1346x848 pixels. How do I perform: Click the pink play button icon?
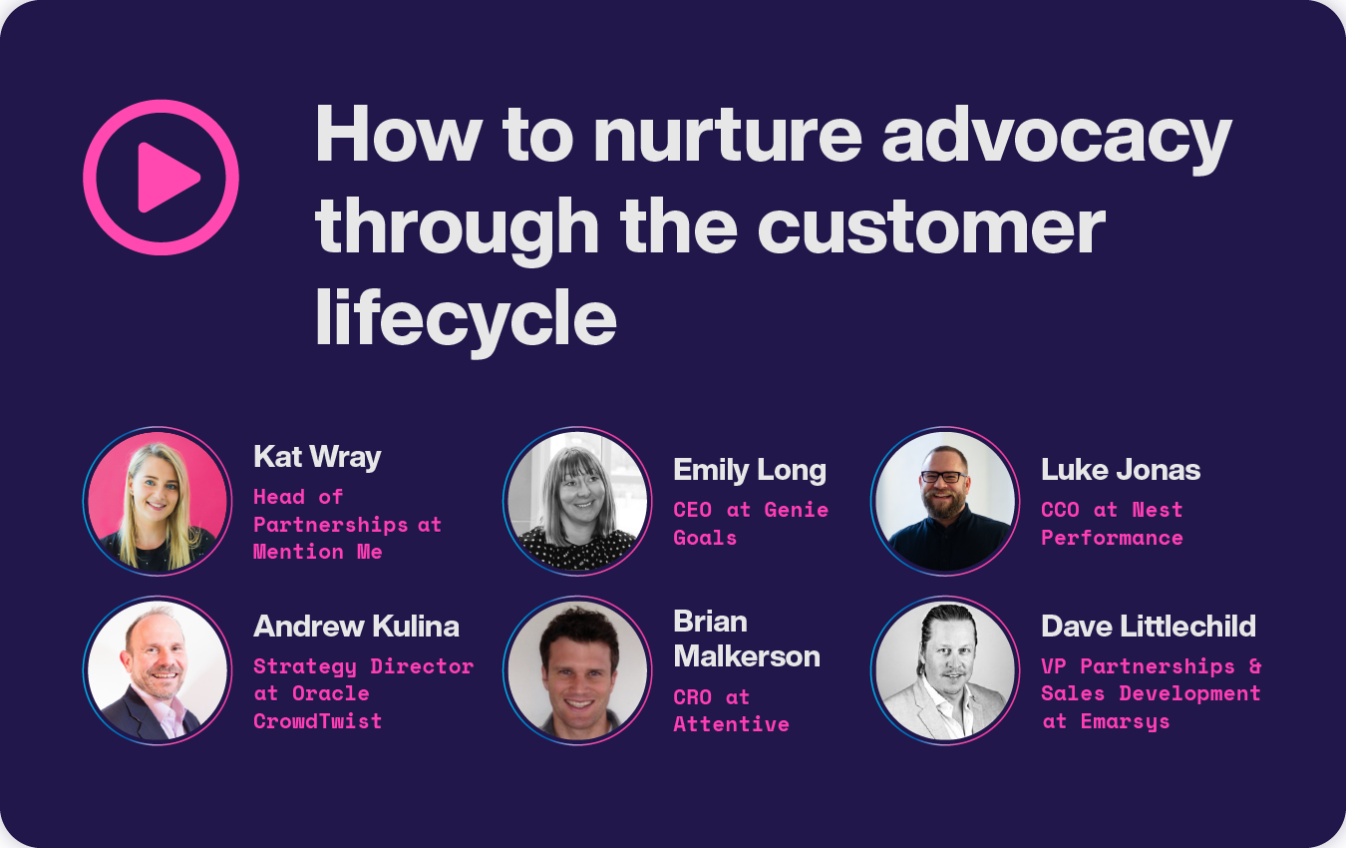(x=161, y=178)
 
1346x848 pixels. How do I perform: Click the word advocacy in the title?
(x=1057, y=137)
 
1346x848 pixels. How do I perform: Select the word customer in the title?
(x=931, y=226)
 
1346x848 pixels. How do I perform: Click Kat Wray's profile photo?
(x=158, y=502)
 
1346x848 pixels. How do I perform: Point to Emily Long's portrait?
(x=577, y=502)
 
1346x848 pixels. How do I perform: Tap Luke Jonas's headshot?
(x=944, y=502)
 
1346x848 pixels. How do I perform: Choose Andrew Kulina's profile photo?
(x=158, y=670)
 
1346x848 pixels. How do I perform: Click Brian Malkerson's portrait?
(x=577, y=670)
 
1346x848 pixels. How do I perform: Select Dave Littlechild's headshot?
(x=944, y=670)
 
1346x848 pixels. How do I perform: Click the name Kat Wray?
(x=317, y=457)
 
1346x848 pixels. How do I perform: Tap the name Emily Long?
(x=750, y=470)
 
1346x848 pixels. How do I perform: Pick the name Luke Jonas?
(x=1121, y=470)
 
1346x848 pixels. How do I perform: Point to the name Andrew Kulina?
(x=356, y=627)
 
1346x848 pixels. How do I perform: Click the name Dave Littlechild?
(x=1149, y=627)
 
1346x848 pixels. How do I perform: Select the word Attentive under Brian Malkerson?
(x=731, y=724)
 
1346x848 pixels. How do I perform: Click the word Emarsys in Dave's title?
(x=1125, y=721)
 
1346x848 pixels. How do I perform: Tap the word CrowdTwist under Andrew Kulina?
(x=317, y=721)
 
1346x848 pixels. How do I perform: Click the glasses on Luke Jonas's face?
(x=943, y=477)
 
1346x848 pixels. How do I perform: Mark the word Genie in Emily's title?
(x=796, y=510)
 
